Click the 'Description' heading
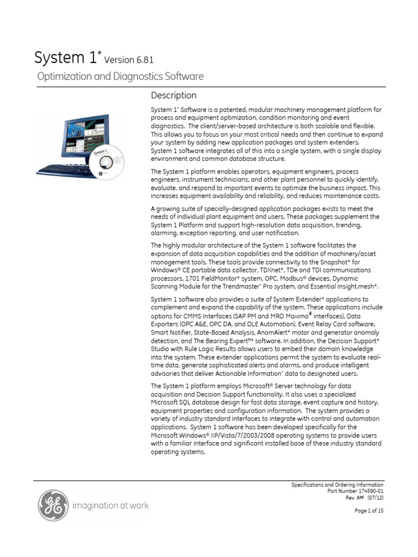tap(174, 96)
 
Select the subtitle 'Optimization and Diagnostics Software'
tap(120, 77)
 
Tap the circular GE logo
tap(53, 505)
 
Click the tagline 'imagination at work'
tap(110, 506)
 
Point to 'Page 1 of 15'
tap(369, 511)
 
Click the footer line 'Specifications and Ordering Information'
tap(337, 485)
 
